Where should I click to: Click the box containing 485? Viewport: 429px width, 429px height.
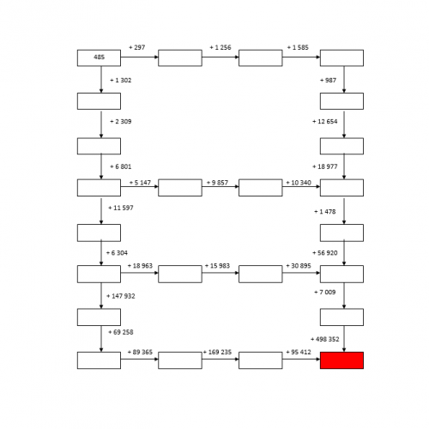(99, 58)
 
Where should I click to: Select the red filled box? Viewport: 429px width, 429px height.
(341, 360)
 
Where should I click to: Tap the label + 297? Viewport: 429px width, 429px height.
(137, 47)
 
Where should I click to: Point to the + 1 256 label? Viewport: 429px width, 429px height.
(221, 47)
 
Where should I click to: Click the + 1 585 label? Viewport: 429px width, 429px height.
(298, 47)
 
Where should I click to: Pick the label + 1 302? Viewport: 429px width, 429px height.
(121, 81)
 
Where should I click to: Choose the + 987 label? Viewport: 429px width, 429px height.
(328, 81)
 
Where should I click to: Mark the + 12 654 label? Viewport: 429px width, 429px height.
(325, 122)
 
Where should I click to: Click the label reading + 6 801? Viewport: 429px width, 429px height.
(121, 166)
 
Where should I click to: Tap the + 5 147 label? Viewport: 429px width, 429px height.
(140, 183)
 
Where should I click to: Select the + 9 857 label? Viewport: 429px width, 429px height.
(217, 183)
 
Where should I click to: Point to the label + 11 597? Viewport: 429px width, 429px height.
(121, 208)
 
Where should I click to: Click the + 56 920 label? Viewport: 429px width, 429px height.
(325, 253)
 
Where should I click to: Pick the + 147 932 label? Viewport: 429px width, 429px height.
(121, 296)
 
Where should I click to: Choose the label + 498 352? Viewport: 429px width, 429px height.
(325, 339)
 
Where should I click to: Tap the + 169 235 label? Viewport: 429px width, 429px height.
(217, 352)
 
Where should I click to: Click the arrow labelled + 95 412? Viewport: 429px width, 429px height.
(301, 360)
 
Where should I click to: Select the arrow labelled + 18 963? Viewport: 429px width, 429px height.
(140, 273)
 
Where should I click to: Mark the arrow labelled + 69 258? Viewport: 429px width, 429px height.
(101, 339)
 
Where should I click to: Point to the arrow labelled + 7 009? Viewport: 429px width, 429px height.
(344, 296)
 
